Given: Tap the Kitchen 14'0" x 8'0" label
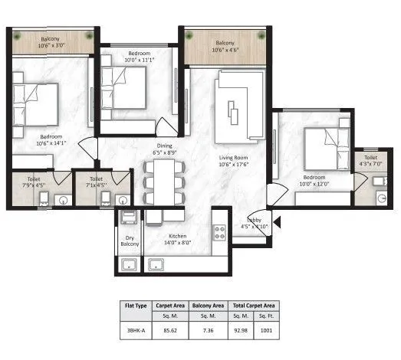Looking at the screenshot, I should point(179,238).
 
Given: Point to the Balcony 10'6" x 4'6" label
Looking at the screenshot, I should point(225,47).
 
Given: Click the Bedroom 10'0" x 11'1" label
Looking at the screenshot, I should point(139,57).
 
